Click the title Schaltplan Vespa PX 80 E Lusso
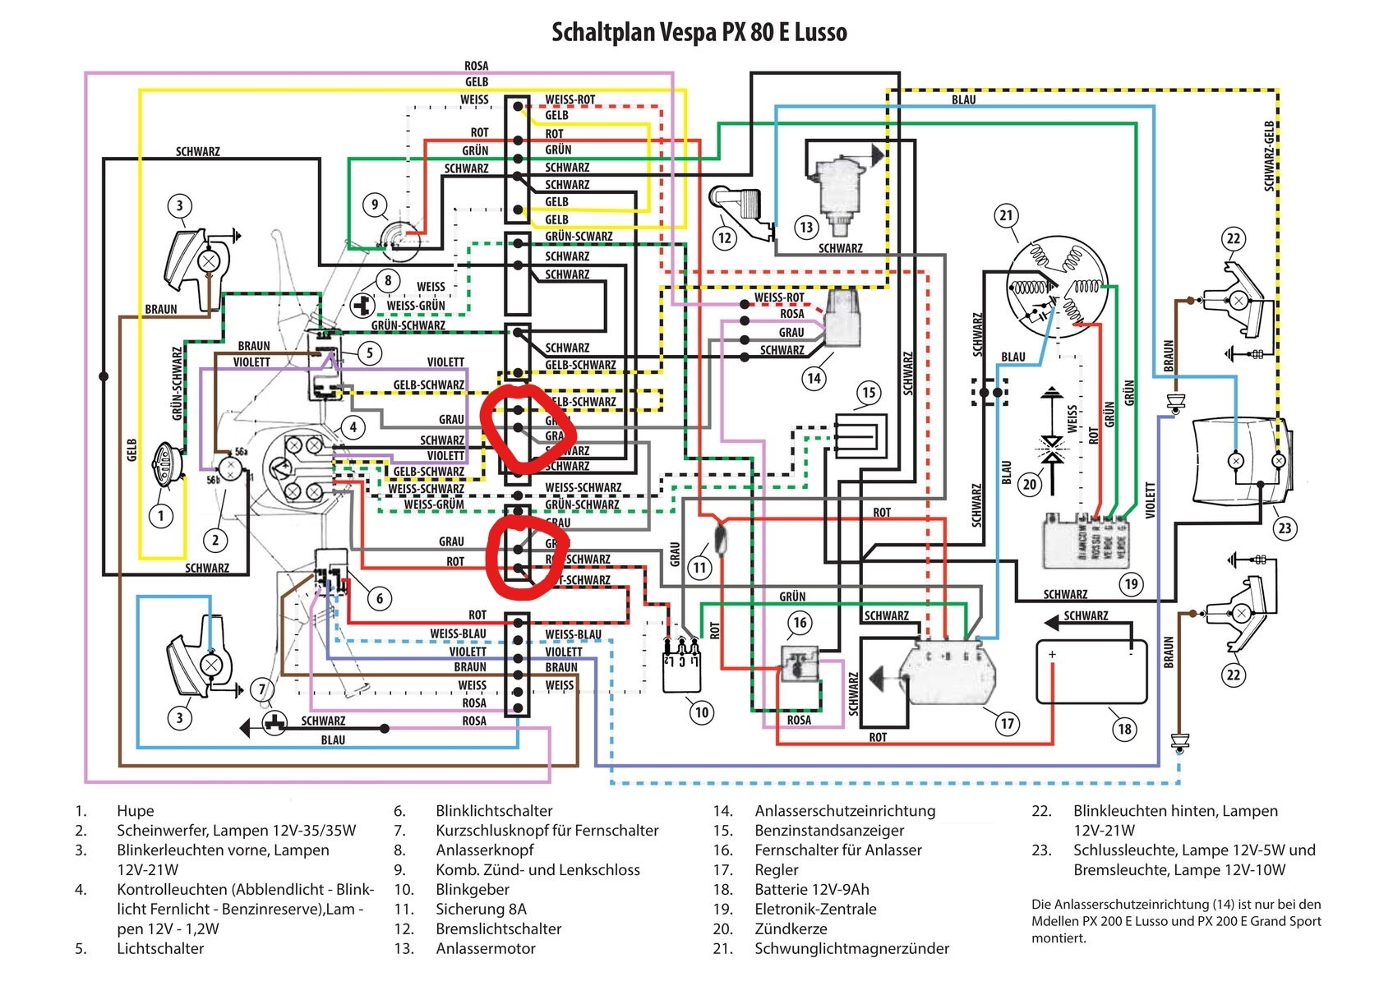tap(699, 33)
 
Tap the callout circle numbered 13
tap(806, 228)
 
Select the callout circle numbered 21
tap(1007, 216)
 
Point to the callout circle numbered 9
tap(375, 205)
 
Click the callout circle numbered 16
tap(800, 623)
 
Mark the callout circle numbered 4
tap(353, 427)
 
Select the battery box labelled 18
tap(1091, 672)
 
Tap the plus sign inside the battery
tap(1052, 655)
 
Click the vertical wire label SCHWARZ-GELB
tap(1269, 156)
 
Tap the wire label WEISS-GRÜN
tap(416, 306)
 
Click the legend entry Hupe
tap(136, 811)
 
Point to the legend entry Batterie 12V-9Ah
tap(812, 890)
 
